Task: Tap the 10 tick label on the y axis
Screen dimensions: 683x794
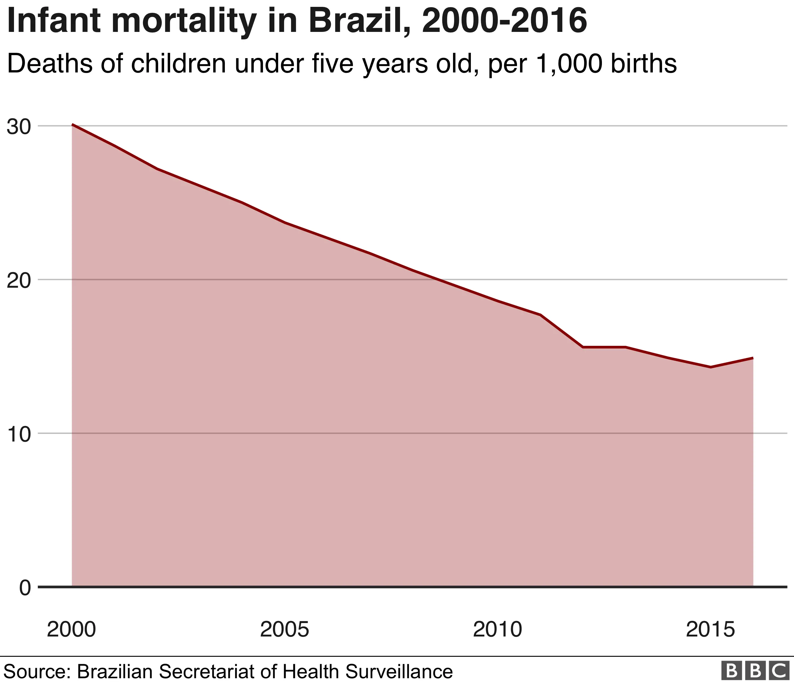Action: click(x=19, y=434)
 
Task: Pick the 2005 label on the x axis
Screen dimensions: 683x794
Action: click(x=284, y=630)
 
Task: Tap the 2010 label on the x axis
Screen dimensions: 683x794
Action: click(x=497, y=630)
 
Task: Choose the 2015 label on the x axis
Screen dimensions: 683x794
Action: click(x=710, y=630)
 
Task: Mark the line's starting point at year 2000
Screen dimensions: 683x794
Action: click(x=72, y=125)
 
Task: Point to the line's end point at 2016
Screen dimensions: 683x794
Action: click(x=753, y=358)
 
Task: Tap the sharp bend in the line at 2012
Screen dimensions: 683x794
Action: click(x=583, y=347)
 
